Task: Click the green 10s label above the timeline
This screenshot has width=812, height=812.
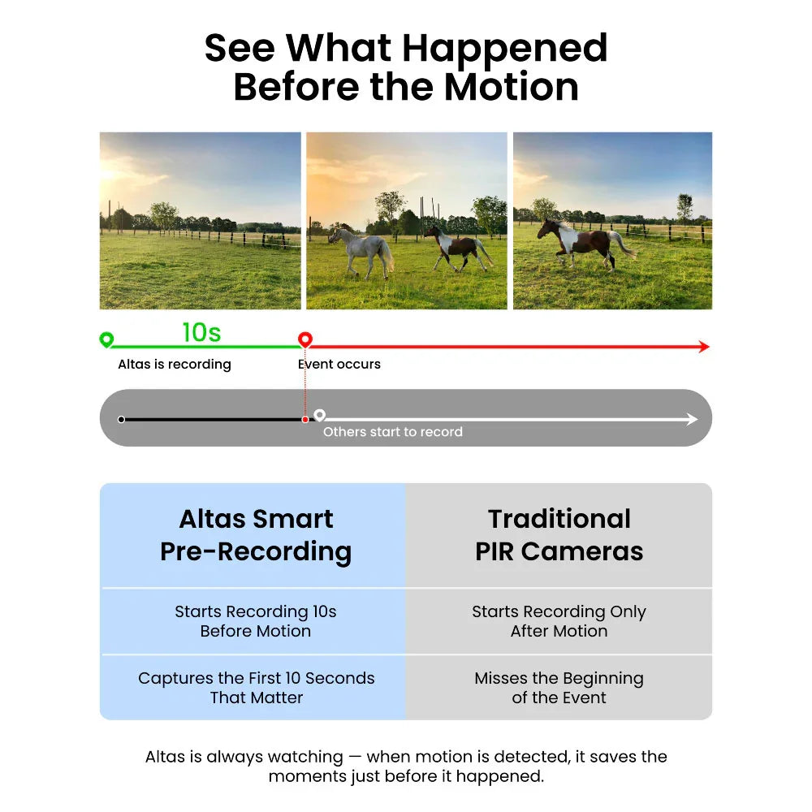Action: tap(201, 332)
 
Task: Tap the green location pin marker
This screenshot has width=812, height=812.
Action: tap(106, 339)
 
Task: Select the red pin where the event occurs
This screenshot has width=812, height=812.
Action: tap(305, 339)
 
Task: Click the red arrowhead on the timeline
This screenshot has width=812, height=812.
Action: tap(704, 347)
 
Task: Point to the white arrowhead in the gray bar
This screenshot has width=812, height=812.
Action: tap(692, 419)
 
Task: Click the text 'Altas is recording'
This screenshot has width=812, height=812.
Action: tap(175, 364)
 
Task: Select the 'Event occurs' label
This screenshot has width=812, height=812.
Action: tap(339, 364)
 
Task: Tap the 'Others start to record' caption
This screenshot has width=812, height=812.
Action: tap(392, 432)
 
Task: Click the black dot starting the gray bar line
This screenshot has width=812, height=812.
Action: tap(121, 420)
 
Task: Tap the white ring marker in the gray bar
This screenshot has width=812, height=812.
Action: tap(319, 415)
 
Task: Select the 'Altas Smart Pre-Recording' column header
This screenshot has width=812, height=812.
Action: tap(256, 535)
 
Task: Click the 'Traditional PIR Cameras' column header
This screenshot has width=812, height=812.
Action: tap(559, 535)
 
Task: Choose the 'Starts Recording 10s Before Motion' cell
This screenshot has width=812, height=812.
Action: tap(256, 621)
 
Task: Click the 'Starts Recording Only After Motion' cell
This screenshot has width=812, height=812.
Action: tap(559, 621)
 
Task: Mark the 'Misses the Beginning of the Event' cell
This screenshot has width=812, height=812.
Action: tap(559, 688)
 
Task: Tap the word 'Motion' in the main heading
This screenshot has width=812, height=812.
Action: tap(511, 87)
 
